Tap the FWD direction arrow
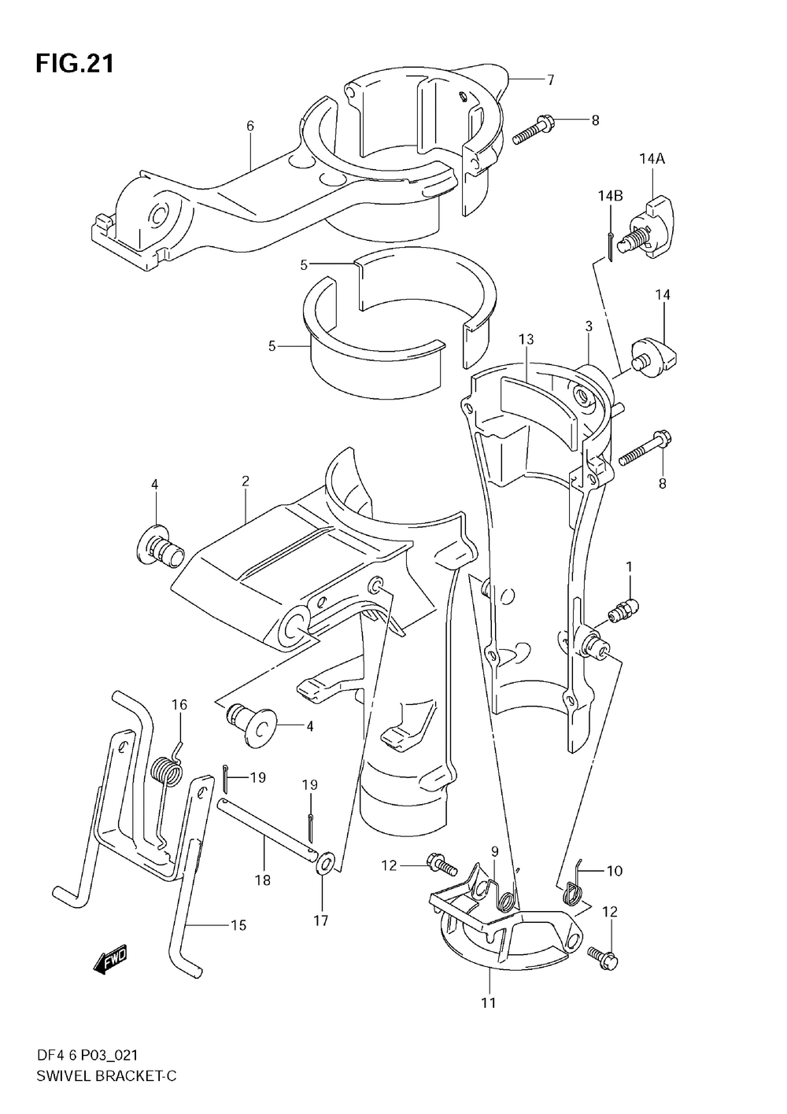[x=109, y=961]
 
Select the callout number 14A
[x=652, y=159]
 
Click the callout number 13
[x=527, y=339]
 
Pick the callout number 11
[x=489, y=1002]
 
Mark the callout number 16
[x=179, y=704]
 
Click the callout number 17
[x=321, y=920]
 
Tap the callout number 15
[x=238, y=925]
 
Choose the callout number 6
[x=250, y=126]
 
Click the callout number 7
[x=551, y=79]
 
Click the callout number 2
[x=246, y=481]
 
